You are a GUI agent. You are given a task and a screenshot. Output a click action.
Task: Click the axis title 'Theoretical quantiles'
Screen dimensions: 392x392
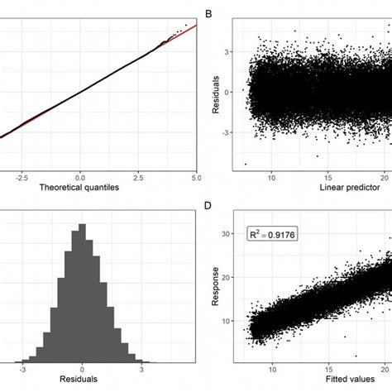79,189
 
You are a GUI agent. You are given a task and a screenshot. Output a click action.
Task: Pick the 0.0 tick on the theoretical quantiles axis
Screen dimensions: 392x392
79,177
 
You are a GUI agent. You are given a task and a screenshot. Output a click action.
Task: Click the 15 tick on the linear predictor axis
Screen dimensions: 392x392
329,177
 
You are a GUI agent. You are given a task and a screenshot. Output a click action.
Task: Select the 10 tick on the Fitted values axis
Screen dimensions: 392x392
270,370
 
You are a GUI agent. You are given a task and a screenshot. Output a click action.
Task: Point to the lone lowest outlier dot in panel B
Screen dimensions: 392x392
246,164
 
